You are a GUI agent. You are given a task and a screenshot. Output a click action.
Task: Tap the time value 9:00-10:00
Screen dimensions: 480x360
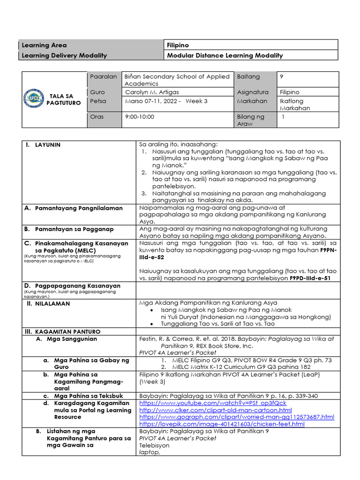tap(140, 117)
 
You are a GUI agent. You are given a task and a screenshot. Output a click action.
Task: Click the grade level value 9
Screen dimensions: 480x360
tap(281, 76)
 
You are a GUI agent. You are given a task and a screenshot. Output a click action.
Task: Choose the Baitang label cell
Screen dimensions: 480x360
tap(248, 76)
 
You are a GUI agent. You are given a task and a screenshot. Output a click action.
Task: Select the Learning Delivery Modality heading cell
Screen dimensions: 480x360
tap(64, 55)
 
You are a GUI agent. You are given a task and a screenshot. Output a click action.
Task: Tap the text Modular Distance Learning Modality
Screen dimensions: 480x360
tap(225, 55)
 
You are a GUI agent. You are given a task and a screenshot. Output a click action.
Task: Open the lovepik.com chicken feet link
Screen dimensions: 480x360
tap(222, 424)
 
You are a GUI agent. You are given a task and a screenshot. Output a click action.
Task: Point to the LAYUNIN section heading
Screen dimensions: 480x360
tap(48, 145)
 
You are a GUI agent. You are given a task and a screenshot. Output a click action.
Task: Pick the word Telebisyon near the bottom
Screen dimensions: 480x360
tap(154, 445)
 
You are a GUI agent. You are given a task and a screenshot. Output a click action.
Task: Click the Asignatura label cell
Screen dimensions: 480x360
tap(253, 92)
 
